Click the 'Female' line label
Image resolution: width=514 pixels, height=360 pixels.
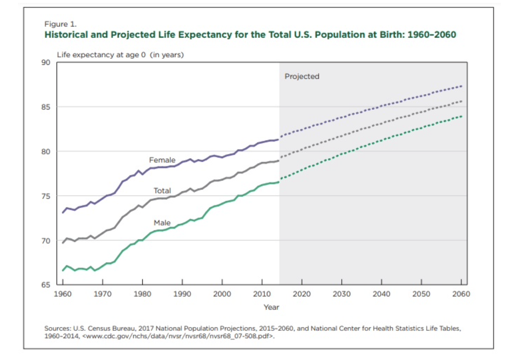coord(162,160)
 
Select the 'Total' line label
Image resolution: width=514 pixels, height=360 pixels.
coord(162,191)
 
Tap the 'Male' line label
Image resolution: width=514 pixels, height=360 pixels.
coord(162,223)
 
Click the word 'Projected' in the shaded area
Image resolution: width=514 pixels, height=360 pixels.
coord(302,76)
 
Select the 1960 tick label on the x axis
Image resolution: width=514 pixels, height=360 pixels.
coord(63,294)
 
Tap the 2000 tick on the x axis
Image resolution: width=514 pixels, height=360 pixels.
coord(222,294)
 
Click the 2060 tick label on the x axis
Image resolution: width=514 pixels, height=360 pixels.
coord(461,294)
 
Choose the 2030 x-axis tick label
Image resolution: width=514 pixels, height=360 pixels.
coord(342,294)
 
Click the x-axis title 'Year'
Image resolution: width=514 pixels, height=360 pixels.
coord(271,307)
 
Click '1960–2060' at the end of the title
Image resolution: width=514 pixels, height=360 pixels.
coord(431,35)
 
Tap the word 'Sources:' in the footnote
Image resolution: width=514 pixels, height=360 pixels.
coord(57,329)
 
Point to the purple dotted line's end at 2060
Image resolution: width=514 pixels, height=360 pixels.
coord(461,86)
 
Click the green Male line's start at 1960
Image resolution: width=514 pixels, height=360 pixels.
coord(63,270)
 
